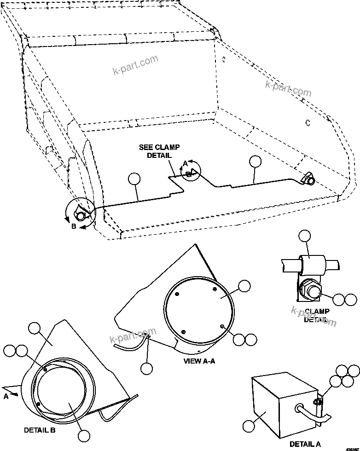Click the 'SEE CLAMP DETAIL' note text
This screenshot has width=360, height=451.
(159, 151)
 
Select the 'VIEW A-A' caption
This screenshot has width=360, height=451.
(198, 361)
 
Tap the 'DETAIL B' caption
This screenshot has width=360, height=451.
(40, 430)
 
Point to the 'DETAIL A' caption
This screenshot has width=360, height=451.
(305, 444)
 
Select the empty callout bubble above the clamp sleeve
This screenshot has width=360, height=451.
(304, 236)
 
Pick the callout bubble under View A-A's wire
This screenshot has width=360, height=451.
(146, 368)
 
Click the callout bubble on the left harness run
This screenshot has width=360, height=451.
(134, 179)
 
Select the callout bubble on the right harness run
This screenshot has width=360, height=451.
(255, 161)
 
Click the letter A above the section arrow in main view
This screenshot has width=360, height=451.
(185, 163)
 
